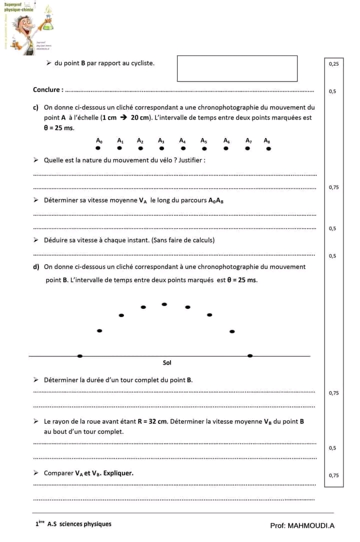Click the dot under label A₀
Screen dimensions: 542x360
coord(98,148)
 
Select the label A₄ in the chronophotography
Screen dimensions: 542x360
coord(182,141)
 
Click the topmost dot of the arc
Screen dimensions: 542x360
coord(164,304)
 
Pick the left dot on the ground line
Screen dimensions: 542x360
coord(80,356)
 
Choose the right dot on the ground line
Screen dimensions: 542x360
coord(250,355)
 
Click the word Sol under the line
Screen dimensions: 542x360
coord(167,363)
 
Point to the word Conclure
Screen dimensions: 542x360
coord(47,90)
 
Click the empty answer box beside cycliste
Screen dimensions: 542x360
coord(237,69)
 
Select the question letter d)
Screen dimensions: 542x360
coord(36,267)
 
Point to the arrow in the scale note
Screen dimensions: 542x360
coord(122,118)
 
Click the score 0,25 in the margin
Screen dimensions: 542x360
coord(333,64)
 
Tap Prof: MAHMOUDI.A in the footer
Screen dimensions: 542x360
coord(302,525)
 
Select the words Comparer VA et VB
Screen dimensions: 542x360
coord(88,473)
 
